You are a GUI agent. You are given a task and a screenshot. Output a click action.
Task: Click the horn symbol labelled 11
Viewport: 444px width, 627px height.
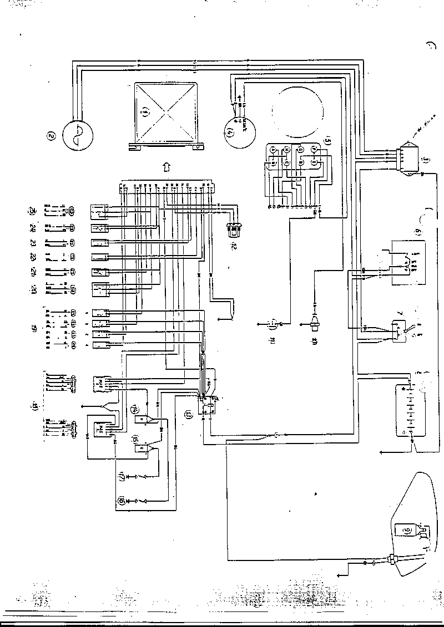273,323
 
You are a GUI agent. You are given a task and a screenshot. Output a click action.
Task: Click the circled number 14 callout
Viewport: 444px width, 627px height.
134,409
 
